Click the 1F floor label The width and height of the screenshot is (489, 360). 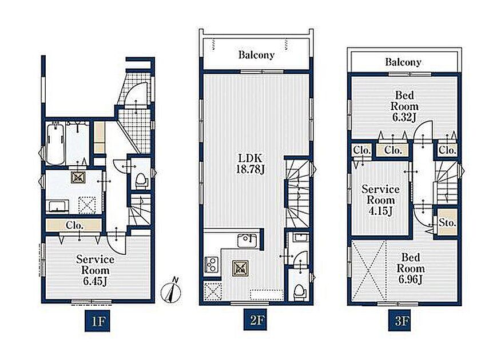click(97, 321)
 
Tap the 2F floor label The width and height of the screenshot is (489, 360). click(256, 320)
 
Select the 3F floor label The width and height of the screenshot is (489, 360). click(401, 321)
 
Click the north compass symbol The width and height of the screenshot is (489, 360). click(172, 290)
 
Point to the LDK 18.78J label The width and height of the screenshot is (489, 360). click(251, 163)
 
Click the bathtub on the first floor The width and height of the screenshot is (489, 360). click(55, 143)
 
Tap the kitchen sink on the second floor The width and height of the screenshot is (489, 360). click(247, 241)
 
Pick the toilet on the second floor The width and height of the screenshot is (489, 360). click(300, 292)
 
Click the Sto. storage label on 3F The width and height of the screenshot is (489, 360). click(447, 222)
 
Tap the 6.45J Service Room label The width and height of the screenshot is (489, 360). click(95, 270)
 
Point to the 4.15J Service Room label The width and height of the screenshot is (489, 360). click(380, 200)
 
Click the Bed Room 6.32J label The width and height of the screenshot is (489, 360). click(404, 106)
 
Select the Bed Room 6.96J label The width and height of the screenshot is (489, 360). click(411, 269)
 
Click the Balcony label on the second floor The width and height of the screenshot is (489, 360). click(256, 55)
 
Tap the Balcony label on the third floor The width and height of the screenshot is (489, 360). click(403, 62)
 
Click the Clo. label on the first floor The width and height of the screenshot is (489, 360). click(74, 225)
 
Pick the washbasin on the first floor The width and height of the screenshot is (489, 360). click(57, 206)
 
